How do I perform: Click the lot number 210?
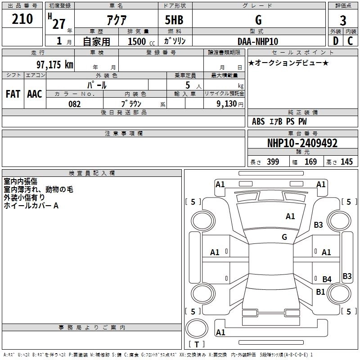click(x=22, y=19)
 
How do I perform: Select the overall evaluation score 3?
click(x=343, y=21)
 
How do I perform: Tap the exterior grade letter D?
click(x=336, y=41)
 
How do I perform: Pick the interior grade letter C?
click(x=350, y=41)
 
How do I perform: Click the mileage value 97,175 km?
click(x=55, y=64)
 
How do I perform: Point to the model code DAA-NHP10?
click(x=258, y=41)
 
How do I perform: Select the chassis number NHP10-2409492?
click(x=302, y=143)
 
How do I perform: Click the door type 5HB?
click(x=174, y=20)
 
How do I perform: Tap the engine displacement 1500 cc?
click(x=141, y=41)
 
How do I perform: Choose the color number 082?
click(x=75, y=104)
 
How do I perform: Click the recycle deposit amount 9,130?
click(x=227, y=104)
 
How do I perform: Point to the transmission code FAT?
click(x=13, y=94)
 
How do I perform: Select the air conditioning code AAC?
click(x=35, y=94)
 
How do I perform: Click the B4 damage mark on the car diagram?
click(x=327, y=279)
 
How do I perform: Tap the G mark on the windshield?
click(x=284, y=237)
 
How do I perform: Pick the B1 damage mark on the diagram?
click(x=320, y=292)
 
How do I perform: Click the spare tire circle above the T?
click(x=197, y=328)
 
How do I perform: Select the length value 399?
click(x=273, y=162)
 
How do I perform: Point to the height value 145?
click(x=346, y=162)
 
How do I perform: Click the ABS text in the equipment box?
click(x=258, y=121)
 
